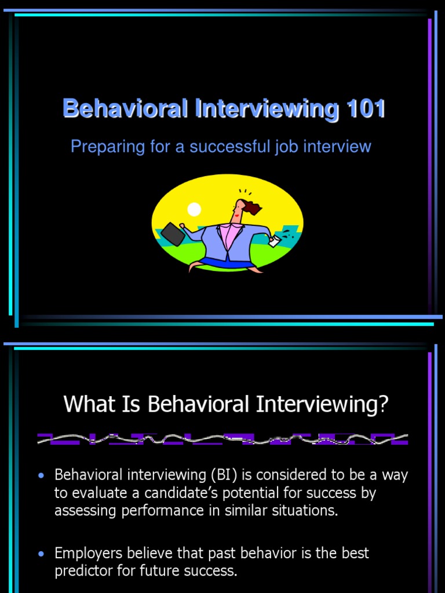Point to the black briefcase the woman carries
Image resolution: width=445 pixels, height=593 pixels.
(173, 233)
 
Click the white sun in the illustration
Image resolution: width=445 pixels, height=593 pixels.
(194, 209)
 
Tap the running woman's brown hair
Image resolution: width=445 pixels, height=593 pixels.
(251, 207)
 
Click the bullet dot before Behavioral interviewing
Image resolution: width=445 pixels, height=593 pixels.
(41, 476)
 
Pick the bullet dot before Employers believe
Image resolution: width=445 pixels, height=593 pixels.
(41, 554)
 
